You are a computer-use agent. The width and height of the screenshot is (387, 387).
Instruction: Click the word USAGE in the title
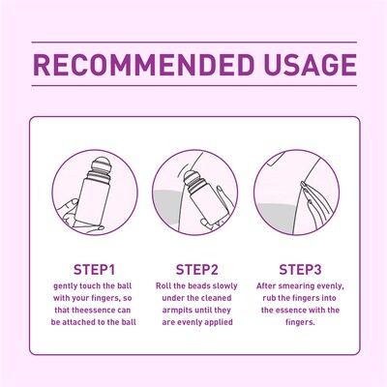pos(303,67)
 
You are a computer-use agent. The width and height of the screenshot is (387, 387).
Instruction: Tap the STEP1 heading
pos(95,268)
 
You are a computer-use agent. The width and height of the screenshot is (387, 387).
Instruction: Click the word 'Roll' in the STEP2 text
pos(164,286)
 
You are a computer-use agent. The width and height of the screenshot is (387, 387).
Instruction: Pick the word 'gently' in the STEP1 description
pos(65,286)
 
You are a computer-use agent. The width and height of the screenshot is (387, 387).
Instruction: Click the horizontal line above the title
pos(193,43)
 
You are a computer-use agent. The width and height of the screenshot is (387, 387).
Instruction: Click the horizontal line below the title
pos(193,94)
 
